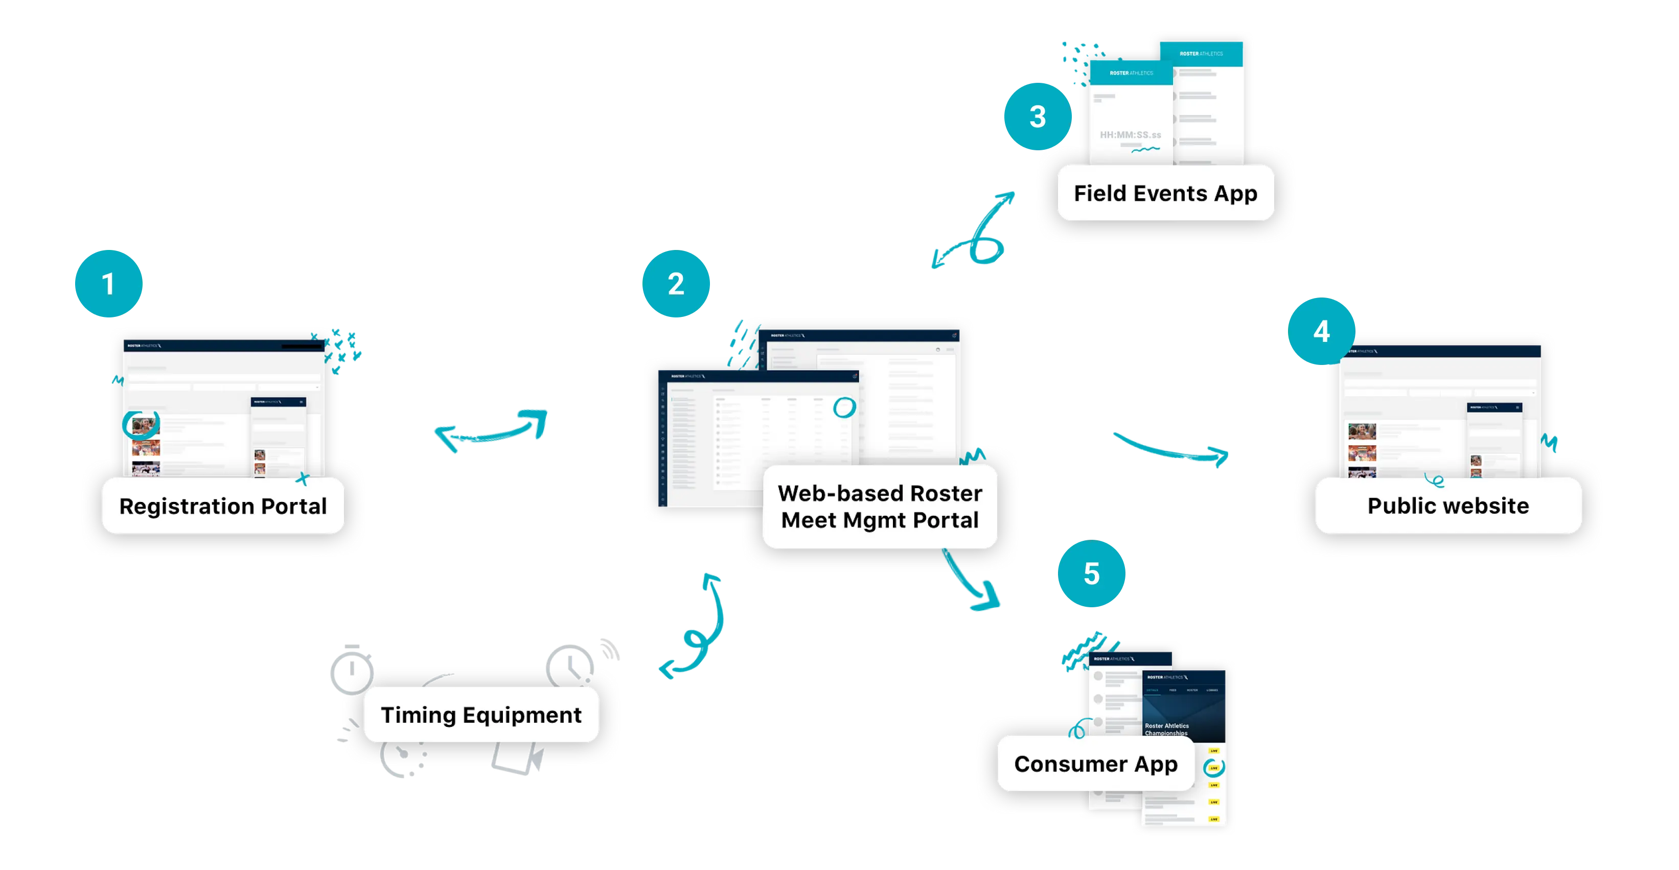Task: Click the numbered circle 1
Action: point(108,284)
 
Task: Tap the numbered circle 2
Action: point(676,284)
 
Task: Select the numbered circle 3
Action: point(1037,117)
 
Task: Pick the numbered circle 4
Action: point(1321,331)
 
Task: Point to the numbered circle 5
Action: point(1091,574)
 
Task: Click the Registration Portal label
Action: point(223,507)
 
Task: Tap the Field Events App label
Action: point(1165,194)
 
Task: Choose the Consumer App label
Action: point(1096,764)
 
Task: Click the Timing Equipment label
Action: point(481,715)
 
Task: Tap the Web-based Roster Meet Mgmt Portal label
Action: point(880,507)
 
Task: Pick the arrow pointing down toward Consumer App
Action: point(971,583)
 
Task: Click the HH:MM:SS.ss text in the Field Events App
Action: point(1130,135)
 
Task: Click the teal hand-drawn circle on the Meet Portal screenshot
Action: point(844,408)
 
